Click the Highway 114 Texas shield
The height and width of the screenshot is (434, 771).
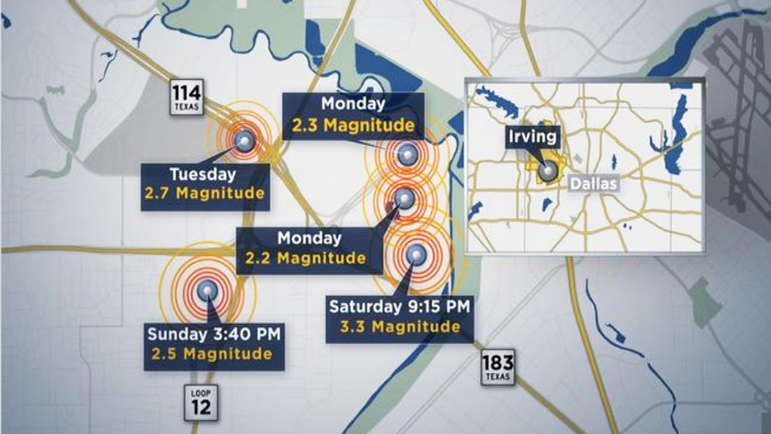[188, 97]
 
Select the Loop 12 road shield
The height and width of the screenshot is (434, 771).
[201, 400]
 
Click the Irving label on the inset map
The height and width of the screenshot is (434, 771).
[534, 137]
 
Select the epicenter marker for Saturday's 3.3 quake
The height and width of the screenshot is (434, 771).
[416, 253]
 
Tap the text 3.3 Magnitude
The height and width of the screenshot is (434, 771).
[400, 326]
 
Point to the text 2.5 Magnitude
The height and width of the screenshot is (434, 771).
[211, 353]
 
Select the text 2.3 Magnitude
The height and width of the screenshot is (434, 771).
[353, 124]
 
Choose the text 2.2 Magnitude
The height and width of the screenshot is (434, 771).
[305, 258]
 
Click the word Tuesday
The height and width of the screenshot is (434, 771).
[204, 172]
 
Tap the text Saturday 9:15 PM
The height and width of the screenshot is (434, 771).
[399, 306]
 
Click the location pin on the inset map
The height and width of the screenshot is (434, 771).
[546, 170]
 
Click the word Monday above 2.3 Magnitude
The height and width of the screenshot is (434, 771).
[353, 104]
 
